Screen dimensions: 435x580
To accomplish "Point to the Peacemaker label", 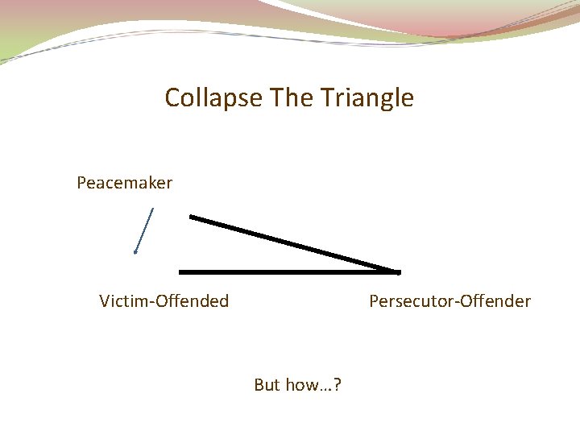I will [x=124, y=184].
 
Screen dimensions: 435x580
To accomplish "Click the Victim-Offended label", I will [x=164, y=301].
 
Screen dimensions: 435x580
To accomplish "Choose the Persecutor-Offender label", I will [x=449, y=301].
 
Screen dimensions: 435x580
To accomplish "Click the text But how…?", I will [x=297, y=385].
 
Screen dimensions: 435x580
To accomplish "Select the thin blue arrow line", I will [x=144, y=230].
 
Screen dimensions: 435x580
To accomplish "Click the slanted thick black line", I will [x=294, y=243].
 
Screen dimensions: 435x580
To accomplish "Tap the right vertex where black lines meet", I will [x=397, y=272].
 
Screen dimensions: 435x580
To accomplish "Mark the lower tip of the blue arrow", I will [x=135, y=253].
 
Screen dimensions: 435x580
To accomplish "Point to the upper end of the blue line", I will [x=153, y=209].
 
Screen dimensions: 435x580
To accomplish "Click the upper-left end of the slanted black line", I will [x=191, y=216].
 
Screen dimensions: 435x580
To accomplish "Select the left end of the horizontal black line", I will [x=180, y=272].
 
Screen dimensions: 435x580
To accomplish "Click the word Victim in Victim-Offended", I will [x=122, y=301].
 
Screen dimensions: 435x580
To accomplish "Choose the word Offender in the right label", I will [x=495, y=301].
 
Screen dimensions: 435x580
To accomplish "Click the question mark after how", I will [x=337, y=385].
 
